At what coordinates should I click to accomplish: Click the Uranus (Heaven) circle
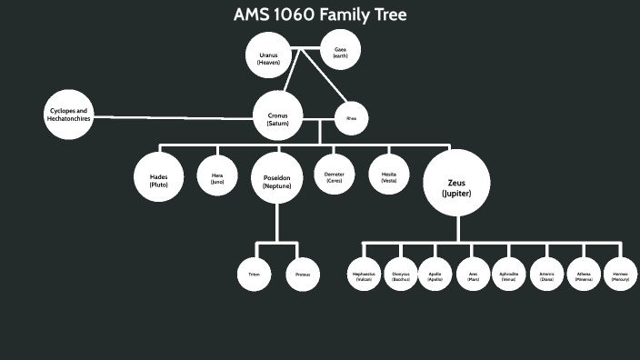[268, 55]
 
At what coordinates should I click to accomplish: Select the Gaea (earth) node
[340, 51]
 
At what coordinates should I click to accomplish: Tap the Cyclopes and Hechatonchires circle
[69, 115]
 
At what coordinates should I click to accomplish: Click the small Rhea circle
[351, 117]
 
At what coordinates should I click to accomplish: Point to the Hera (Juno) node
[216, 178]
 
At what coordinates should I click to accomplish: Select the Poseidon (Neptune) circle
[276, 178]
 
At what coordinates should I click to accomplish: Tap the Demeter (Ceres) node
[333, 176]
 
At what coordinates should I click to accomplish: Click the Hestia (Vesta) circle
[387, 176]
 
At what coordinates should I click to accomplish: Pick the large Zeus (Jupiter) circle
[455, 184]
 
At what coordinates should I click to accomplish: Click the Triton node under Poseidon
[254, 274]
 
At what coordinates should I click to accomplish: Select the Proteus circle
[303, 274]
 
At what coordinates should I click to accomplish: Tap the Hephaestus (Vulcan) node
[364, 275]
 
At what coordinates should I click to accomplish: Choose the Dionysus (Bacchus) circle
[401, 275]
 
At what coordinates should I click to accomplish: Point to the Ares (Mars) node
[473, 275]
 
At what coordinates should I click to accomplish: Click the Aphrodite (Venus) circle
[509, 275]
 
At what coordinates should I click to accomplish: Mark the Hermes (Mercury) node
[620, 275]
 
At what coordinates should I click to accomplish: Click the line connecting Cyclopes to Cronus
[173, 117]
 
